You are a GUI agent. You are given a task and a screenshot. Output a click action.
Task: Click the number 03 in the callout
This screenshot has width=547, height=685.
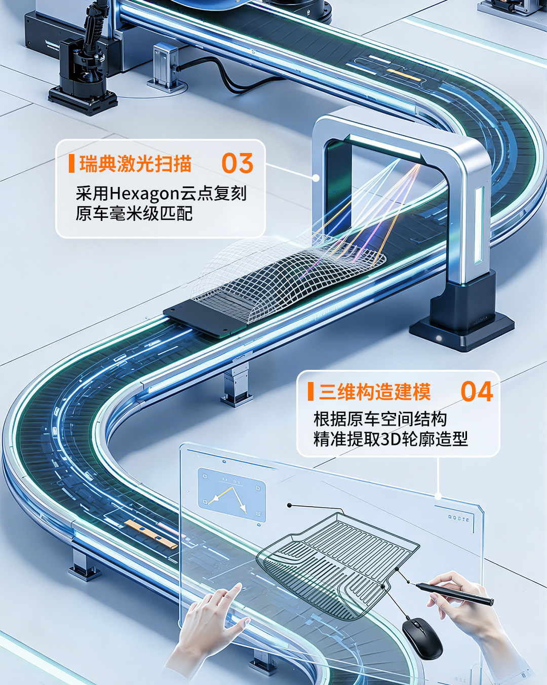tap(238, 163)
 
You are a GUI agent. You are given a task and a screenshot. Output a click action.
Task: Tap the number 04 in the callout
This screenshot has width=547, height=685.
tap(477, 391)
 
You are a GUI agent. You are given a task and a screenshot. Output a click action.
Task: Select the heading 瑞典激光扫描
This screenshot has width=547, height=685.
tap(136, 164)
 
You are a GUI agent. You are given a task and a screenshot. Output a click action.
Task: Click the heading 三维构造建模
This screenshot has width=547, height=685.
tap(375, 392)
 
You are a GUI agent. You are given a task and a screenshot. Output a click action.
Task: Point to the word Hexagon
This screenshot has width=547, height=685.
tap(145, 194)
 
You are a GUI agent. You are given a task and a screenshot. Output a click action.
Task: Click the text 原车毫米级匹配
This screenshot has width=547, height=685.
tap(134, 213)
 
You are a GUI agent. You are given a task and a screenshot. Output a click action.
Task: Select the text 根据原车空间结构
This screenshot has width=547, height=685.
tap(380, 419)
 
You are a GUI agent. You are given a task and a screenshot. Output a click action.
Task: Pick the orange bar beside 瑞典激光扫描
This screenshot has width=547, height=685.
tap(71, 164)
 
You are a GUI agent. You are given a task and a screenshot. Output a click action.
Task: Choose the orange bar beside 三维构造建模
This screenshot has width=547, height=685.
tap(311, 392)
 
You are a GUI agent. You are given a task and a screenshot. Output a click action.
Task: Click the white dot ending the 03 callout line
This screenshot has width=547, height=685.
tap(316, 178)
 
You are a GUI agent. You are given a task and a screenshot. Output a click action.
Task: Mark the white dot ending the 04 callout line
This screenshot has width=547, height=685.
tap(438, 496)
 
